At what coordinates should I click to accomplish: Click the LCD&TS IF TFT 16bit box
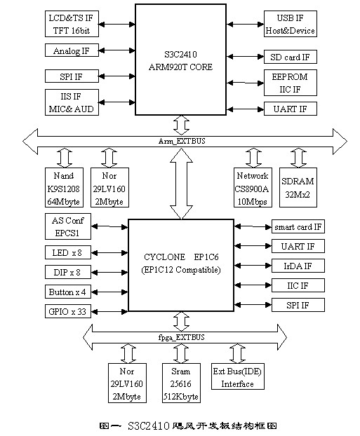pos(72,24)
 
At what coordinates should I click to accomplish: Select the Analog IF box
pos(72,50)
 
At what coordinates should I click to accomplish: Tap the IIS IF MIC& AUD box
pos(72,102)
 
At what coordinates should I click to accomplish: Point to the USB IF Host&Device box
pos(291,24)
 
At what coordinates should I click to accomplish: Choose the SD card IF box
pos(291,57)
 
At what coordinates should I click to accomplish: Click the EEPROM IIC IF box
pos(291,83)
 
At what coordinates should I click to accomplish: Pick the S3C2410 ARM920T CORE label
pos(180,60)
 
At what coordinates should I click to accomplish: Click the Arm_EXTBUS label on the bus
pos(182,141)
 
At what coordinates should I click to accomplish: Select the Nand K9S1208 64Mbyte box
pos(64,187)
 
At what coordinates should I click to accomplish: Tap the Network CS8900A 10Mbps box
pos(253,187)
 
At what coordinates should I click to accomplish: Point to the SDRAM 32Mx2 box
pos(298,187)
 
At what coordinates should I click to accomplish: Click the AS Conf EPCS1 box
pos(68,226)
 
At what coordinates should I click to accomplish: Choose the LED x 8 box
pos(68,252)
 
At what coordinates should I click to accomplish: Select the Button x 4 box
pos(68,292)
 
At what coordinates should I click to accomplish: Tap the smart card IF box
pos(298,226)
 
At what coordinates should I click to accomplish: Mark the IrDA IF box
pos(298,266)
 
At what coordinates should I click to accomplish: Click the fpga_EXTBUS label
pos(182,337)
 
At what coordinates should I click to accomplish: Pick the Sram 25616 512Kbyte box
pos(181,383)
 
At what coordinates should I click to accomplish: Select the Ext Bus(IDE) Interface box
pos(238,376)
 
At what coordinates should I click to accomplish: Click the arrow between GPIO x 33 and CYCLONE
pos(109,312)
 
